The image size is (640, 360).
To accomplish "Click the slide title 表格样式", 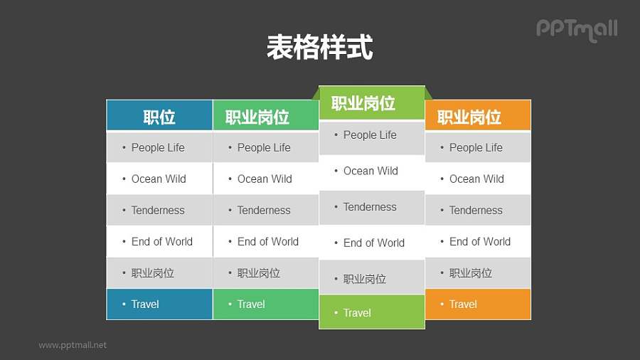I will (x=319, y=48).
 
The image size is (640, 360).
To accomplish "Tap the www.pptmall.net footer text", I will (x=73, y=345).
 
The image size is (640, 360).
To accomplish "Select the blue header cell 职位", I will (x=159, y=117).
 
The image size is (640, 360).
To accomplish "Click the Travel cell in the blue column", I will (x=159, y=304).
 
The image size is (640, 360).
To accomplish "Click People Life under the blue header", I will (x=159, y=147).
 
